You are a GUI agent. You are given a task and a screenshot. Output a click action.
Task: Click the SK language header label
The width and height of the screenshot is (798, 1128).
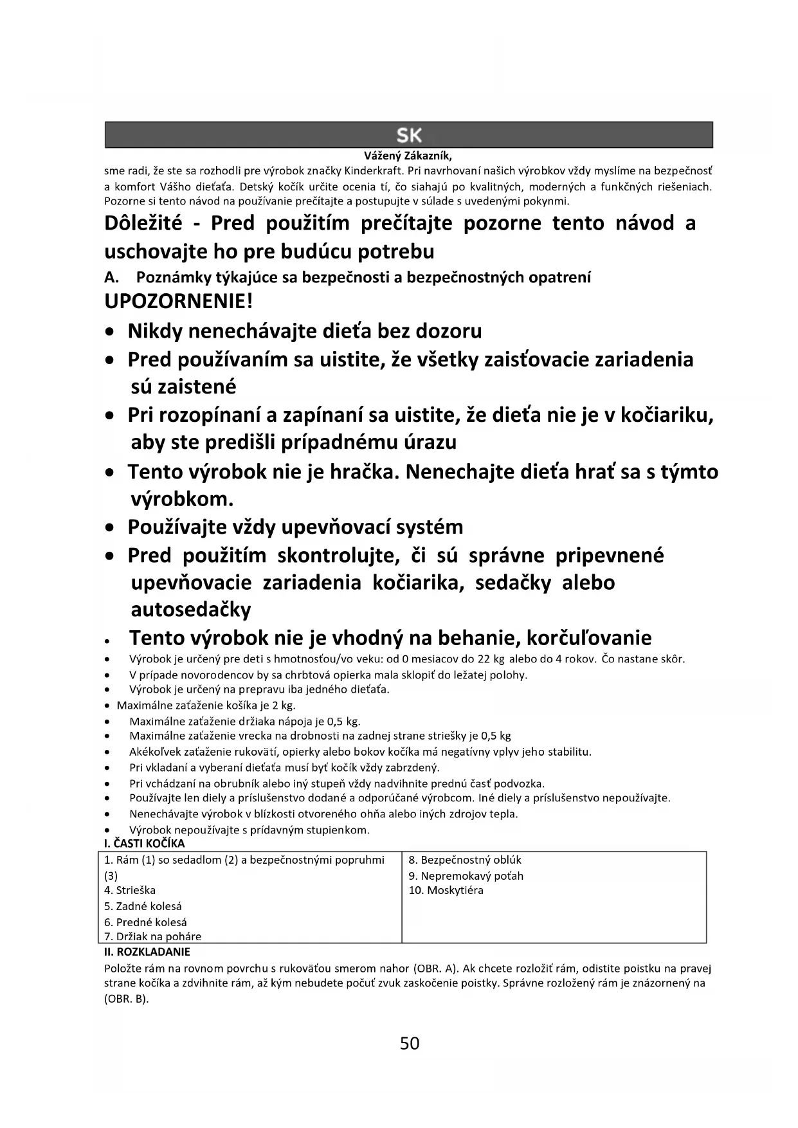click(409, 136)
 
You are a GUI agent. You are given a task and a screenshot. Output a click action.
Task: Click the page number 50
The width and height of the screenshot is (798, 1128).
click(410, 1043)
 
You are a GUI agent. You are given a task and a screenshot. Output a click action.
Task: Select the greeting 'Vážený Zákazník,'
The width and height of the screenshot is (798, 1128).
click(408, 156)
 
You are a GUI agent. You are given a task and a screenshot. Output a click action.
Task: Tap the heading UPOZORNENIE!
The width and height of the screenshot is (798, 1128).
click(178, 301)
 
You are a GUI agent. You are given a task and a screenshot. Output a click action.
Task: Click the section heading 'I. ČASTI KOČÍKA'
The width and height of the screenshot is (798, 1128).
click(144, 843)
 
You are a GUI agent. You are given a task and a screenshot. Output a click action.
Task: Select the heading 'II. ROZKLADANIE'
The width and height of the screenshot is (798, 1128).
click(147, 952)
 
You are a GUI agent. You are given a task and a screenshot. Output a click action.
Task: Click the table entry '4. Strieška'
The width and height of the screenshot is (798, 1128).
click(130, 890)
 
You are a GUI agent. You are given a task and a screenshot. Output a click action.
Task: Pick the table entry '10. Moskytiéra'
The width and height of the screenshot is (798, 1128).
click(446, 890)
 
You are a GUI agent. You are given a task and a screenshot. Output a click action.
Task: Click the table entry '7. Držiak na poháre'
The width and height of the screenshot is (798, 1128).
click(153, 936)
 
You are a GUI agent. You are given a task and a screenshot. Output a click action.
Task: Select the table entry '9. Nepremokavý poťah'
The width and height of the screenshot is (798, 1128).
click(466, 875)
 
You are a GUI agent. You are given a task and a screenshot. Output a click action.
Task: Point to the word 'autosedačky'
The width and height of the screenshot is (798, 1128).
click(191, 609)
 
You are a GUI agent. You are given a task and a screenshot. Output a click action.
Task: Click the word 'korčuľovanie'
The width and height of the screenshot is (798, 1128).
click(589, 638)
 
